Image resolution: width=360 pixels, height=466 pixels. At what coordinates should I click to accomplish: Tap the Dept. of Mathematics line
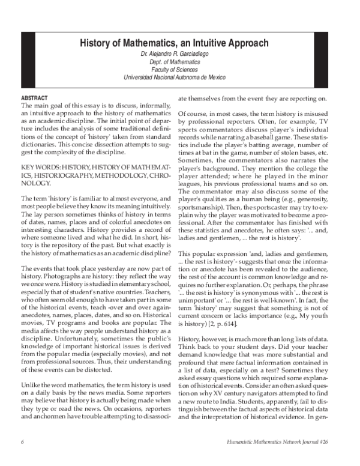[180, 62]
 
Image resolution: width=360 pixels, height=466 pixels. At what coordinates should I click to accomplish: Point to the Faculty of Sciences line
[180, 70]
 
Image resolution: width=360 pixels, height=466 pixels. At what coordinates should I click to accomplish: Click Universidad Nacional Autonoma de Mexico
[180, 77]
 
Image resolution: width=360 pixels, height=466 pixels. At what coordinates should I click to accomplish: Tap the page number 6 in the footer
[22, 459]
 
